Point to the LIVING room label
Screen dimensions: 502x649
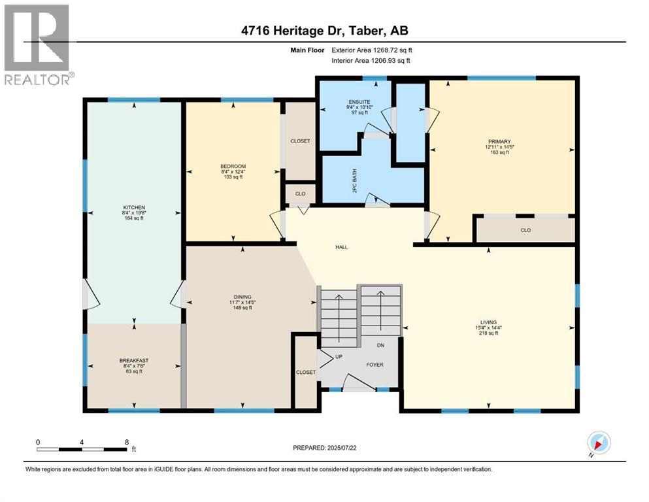coord(488,322)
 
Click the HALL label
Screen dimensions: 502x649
coord(341,247)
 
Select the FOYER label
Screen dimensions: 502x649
coord(374,365)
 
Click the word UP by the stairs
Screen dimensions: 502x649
coord(339,358)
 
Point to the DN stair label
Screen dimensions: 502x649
coord(380,345)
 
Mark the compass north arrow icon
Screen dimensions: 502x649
coord(600,444)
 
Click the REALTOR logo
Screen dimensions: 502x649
coord(37,44)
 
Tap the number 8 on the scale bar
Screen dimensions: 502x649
coord(126,442)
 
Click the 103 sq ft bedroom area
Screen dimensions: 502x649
coord(233,176)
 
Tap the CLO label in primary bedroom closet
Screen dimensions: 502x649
coord(525,230)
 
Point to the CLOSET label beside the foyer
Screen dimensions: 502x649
coord(305,372)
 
